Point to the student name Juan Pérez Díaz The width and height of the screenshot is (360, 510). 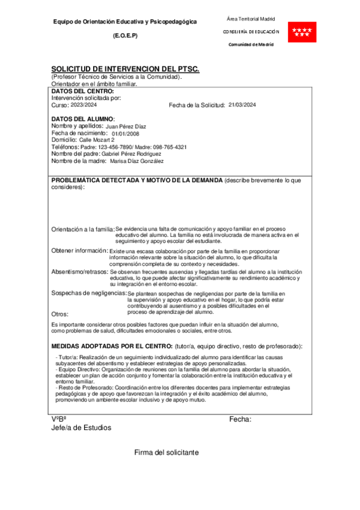point(126,126)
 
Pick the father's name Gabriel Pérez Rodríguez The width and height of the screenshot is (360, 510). point(132,154)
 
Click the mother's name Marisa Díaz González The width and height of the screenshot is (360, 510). point(136,161)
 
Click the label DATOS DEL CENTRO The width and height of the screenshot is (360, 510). point(78,91)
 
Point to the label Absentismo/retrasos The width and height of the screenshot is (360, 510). point(80,272)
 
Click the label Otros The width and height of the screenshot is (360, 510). point(60,313)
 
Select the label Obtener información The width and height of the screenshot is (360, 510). point(80,250)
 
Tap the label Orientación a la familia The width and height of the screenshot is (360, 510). point(83,229)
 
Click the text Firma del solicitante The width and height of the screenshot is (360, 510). point(166,452)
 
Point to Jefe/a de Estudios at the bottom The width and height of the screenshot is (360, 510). point(81,428)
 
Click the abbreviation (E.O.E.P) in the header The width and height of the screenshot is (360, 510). point(125,35)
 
